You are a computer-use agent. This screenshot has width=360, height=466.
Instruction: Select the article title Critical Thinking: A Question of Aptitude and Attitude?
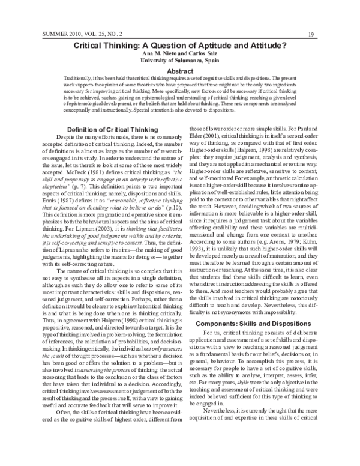pos(179,44)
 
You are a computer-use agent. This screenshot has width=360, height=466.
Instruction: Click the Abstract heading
pos(179,70)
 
